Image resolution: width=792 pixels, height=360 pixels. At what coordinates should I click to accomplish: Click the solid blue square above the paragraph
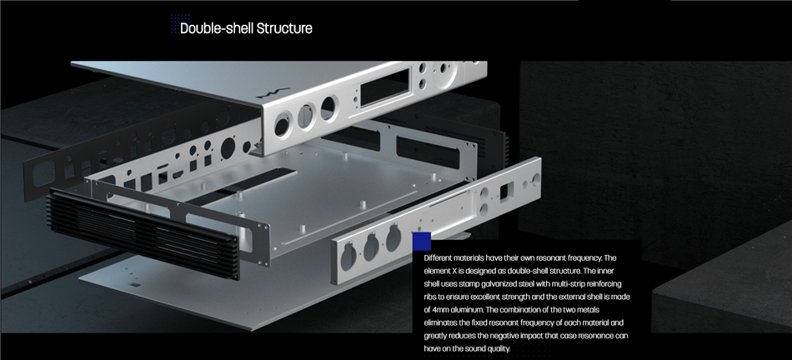click(x=422, y=242)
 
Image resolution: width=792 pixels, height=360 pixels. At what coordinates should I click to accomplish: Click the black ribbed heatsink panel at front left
click(x=143, y=233)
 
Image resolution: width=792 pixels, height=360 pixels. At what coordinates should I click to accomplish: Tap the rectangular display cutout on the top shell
click(x=385, y=87)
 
